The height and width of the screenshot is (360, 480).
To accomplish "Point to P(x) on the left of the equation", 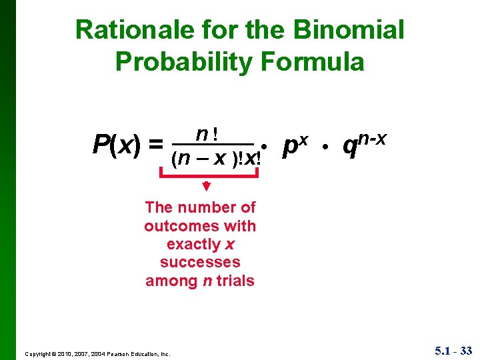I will [x=117, y=143].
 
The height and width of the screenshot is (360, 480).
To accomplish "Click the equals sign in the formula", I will [x=155, y=143].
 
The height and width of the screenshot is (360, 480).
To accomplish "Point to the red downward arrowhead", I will [x=206, y=186].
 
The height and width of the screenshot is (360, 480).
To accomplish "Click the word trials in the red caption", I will [x=235, y=281].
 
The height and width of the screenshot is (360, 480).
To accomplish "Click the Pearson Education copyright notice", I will [x=97, y=353].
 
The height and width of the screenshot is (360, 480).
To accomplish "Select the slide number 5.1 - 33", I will [x=452, y=350].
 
